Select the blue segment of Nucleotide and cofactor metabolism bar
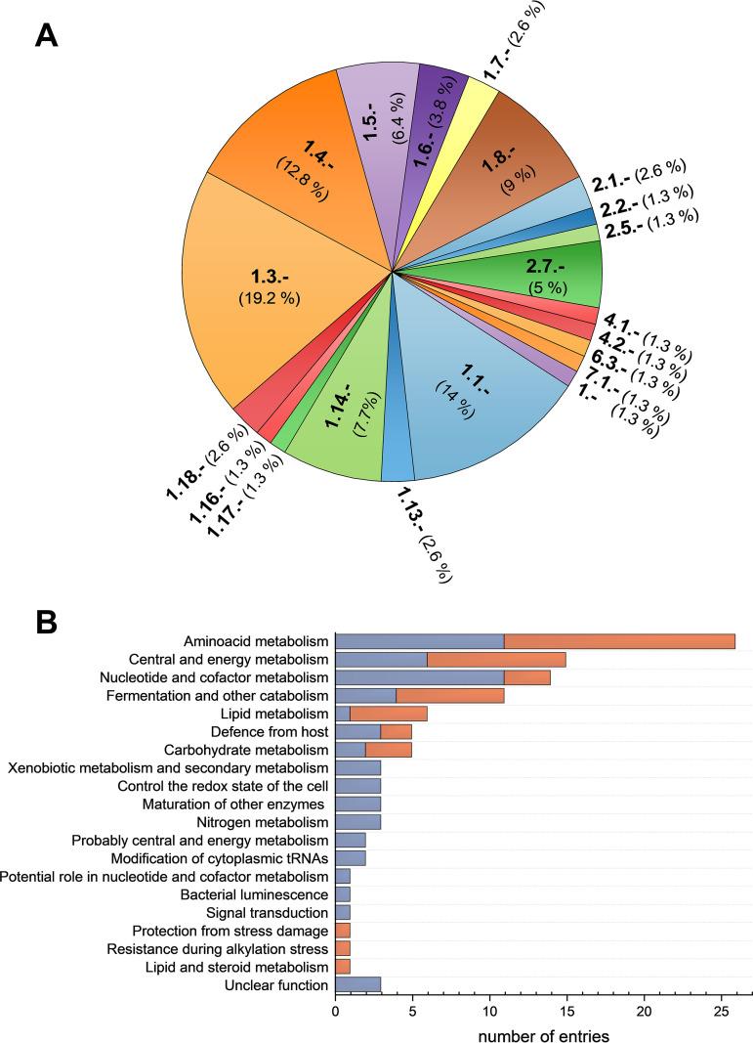point(420,676)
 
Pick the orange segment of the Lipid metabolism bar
point(389,713)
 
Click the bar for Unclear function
point(358,984)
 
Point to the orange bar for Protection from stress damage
point(343,931)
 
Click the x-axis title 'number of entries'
point(543,1032)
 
